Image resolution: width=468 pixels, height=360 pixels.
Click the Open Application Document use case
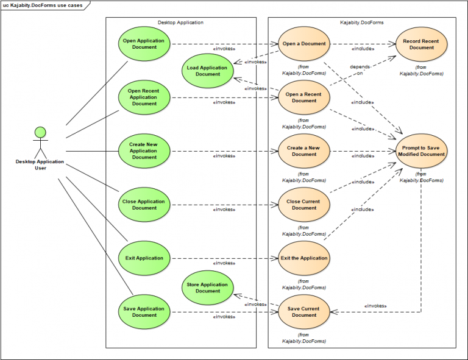pyautogui.click(x=144, y=44)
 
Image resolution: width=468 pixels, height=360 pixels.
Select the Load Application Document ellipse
pyautogui.click(x=208, y=71)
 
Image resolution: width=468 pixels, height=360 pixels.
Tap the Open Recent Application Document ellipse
pyautogui.click(x=144, y=97)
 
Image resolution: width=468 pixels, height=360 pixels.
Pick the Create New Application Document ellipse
pyautogui.click(x=144, y=151)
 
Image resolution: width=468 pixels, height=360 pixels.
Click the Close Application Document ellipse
pyautogui.click(x=144, y=205)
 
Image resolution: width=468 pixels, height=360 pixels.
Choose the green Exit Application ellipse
pyautogui.click(x=144, y=258)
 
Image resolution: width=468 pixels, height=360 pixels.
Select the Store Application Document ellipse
pyautogui.click(x=208, y=288)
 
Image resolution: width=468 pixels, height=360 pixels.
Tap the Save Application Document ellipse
pyautogui.click(x=144, y=312)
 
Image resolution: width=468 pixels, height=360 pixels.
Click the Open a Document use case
pyautogui.click(x=304, y=44)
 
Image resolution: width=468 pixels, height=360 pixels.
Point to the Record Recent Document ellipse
pyautogui.click(x=422, y=44)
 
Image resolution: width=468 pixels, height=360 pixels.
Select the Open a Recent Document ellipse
pyautogui.click(x=304, y=97)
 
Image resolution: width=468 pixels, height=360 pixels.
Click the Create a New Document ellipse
pyautogui.click(x=304, y=151)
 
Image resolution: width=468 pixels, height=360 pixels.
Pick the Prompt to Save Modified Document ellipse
pyautogui.click(x=422, y=151)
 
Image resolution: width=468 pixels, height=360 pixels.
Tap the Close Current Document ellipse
pyautogui.click(x=304, y=205)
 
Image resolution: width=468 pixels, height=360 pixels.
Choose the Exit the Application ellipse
pyautogui.click(x=304, y=258)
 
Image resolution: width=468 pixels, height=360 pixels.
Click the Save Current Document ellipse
pyautogui.click(x=304, y=312)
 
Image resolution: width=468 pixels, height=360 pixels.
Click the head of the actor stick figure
pyautogui.click(x=40, y=132)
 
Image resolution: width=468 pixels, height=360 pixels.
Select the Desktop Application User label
pyautogui.click(x=40, y=165)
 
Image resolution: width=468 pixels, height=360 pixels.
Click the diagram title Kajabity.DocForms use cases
pyautogui.click(x=43, y=5)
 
